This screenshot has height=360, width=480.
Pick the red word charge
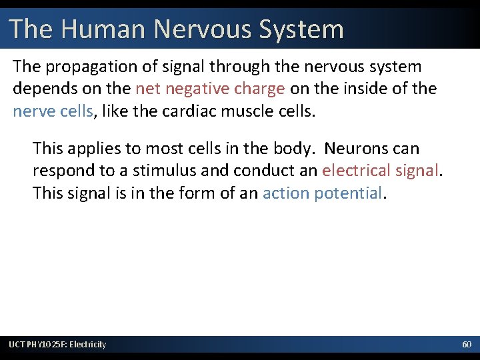[261, 89]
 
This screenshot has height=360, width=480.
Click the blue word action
[286, 193]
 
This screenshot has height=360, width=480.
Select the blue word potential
[347, 193]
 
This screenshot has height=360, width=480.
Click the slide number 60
[466, 344]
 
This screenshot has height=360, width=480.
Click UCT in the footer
[15, 344]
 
